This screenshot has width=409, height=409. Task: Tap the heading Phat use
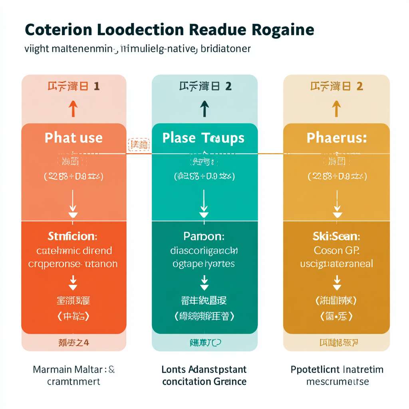[73, 138]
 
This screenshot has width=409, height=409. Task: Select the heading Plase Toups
[203, 138]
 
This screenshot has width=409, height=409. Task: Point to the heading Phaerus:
[336, 138]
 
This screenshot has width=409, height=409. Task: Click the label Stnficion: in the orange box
[72, 236]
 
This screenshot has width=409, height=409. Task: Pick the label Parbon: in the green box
[204, 236]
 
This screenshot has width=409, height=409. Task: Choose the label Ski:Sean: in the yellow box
[336, 236]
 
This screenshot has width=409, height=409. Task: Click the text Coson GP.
[336, 250]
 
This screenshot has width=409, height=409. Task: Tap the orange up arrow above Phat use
[73, 108]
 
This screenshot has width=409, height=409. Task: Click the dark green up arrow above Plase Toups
[204, 108]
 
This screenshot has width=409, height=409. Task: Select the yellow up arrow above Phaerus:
[336, 108]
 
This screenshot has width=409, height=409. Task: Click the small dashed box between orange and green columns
[139, 145]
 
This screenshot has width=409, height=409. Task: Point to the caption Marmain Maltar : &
[73, 369]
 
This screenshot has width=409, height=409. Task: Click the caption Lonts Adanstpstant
[204, 369]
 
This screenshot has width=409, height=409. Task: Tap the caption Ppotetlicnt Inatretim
[337, 369]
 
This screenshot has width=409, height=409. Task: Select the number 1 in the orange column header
[96, 86]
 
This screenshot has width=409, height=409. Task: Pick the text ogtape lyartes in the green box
[204, 264]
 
